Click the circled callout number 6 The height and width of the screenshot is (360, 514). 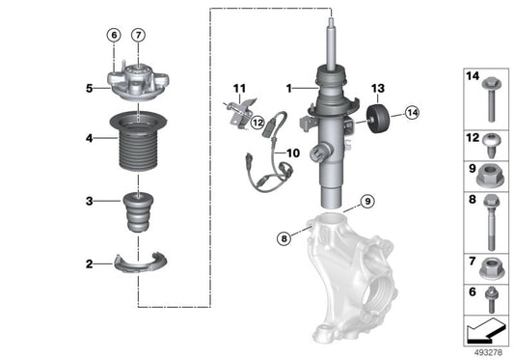(114, 37)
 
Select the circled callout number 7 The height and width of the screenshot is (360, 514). (138, 37)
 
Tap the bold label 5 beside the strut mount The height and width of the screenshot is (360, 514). (88, 89)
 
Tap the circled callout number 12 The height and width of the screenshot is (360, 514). (257, 122)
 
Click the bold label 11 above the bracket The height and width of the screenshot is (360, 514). (238, 88)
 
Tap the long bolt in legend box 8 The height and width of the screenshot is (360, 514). (487, 216)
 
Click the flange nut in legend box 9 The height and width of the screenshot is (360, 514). (487, 175)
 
